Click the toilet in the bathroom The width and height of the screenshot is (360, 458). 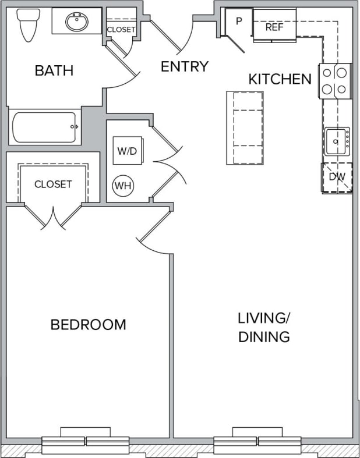click(x=26, y=25)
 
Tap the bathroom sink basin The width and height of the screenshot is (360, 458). click(x=77, y=22)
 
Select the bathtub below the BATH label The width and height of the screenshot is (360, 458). click(x=44, y=127)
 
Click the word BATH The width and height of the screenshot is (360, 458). click(x=54, y=71)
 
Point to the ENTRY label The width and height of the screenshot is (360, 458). click(x=185, y=67)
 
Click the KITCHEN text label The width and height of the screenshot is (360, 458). click(x=280, y=79)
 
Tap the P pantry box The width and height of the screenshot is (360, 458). click(x=239, y=21)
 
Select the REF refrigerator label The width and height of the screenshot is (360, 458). click(x=274, y=27)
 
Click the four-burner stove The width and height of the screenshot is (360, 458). click(x=335, y=81)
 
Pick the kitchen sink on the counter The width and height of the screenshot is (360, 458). click(x=337, y=140)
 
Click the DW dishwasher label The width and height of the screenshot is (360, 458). click(x=337, y=177)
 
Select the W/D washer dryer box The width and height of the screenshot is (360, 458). click(x=127, y=151)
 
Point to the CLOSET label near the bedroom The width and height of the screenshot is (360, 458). click(x=53, y=184)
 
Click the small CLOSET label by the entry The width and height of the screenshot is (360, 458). click(x=121, y=29)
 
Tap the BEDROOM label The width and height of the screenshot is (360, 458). click(x=89, y=325)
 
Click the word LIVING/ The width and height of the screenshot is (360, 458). click(x=264, y=318)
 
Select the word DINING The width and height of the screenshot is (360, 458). click(x=264, y=336)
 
